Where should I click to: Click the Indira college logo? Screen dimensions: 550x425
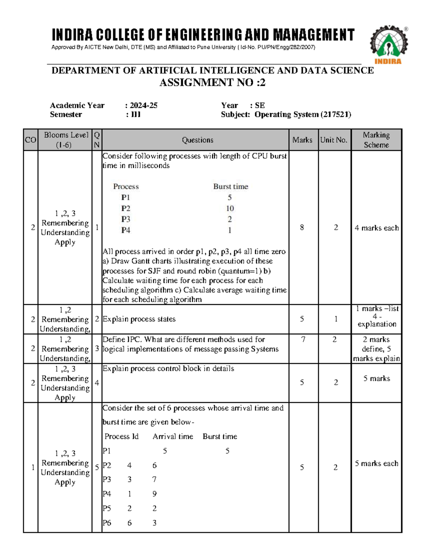[389, 44]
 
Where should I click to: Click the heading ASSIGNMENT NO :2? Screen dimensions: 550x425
[212, 83]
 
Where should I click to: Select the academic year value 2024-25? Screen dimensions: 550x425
[143, 106]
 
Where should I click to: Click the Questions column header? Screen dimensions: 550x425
[197, 140]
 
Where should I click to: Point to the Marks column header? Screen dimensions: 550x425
[302, 140]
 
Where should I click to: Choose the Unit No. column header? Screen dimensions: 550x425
[334, 140]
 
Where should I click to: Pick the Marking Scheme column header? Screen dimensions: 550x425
[376, 140]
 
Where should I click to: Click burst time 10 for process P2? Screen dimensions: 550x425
[230, 209]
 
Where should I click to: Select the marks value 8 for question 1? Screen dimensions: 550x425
[302, 228]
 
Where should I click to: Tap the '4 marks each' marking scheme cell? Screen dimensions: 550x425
[376, 228]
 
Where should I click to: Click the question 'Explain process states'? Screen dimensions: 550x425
[139, 319]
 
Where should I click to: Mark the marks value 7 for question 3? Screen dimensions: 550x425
[303, 340]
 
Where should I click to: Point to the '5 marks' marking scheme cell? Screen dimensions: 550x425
[376, 379]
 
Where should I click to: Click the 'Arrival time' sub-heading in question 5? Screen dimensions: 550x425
[173, 437]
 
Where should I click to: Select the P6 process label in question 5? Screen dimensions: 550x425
[107, 523]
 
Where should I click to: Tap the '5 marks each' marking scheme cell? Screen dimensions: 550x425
[376, 464]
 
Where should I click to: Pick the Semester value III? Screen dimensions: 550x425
[136, 115]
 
